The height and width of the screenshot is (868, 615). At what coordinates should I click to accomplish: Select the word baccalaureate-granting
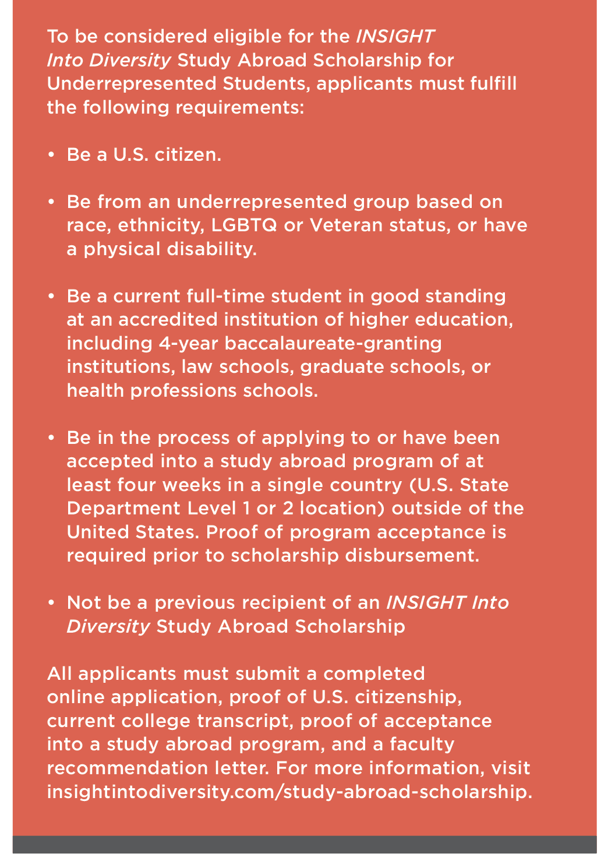pyautogui.click(x=333, y=343)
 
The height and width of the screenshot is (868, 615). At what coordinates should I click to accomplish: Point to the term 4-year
pyautogui.click(x=188, y=343)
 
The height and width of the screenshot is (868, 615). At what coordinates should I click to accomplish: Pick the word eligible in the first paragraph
pyautogui.click(x=248, y=36)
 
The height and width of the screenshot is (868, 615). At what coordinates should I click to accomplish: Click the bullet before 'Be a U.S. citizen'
pyautogui.click(x=51, y=155)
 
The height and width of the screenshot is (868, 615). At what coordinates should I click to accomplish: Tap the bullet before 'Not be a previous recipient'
pyautogui.click(x=51, y=602)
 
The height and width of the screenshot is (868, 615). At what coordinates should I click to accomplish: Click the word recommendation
pyautogui.click(x=158, y=768)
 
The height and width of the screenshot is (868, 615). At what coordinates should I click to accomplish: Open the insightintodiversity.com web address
pyautogui.click(x=289, y=792)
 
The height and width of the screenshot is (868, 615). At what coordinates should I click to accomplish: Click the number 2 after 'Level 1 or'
pyautogui.click(x=288, y=508)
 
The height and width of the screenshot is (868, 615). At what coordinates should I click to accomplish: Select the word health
pyautogui.click(x=95, y=390)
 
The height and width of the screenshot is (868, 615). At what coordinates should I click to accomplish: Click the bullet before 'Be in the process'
pyautogui.click(x=51, y=437)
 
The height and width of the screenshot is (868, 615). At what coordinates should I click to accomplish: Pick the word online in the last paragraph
pyautogui.click(x=75, y=697)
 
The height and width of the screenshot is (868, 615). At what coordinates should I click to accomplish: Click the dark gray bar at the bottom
pyautogui.click(x=305, y=844)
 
